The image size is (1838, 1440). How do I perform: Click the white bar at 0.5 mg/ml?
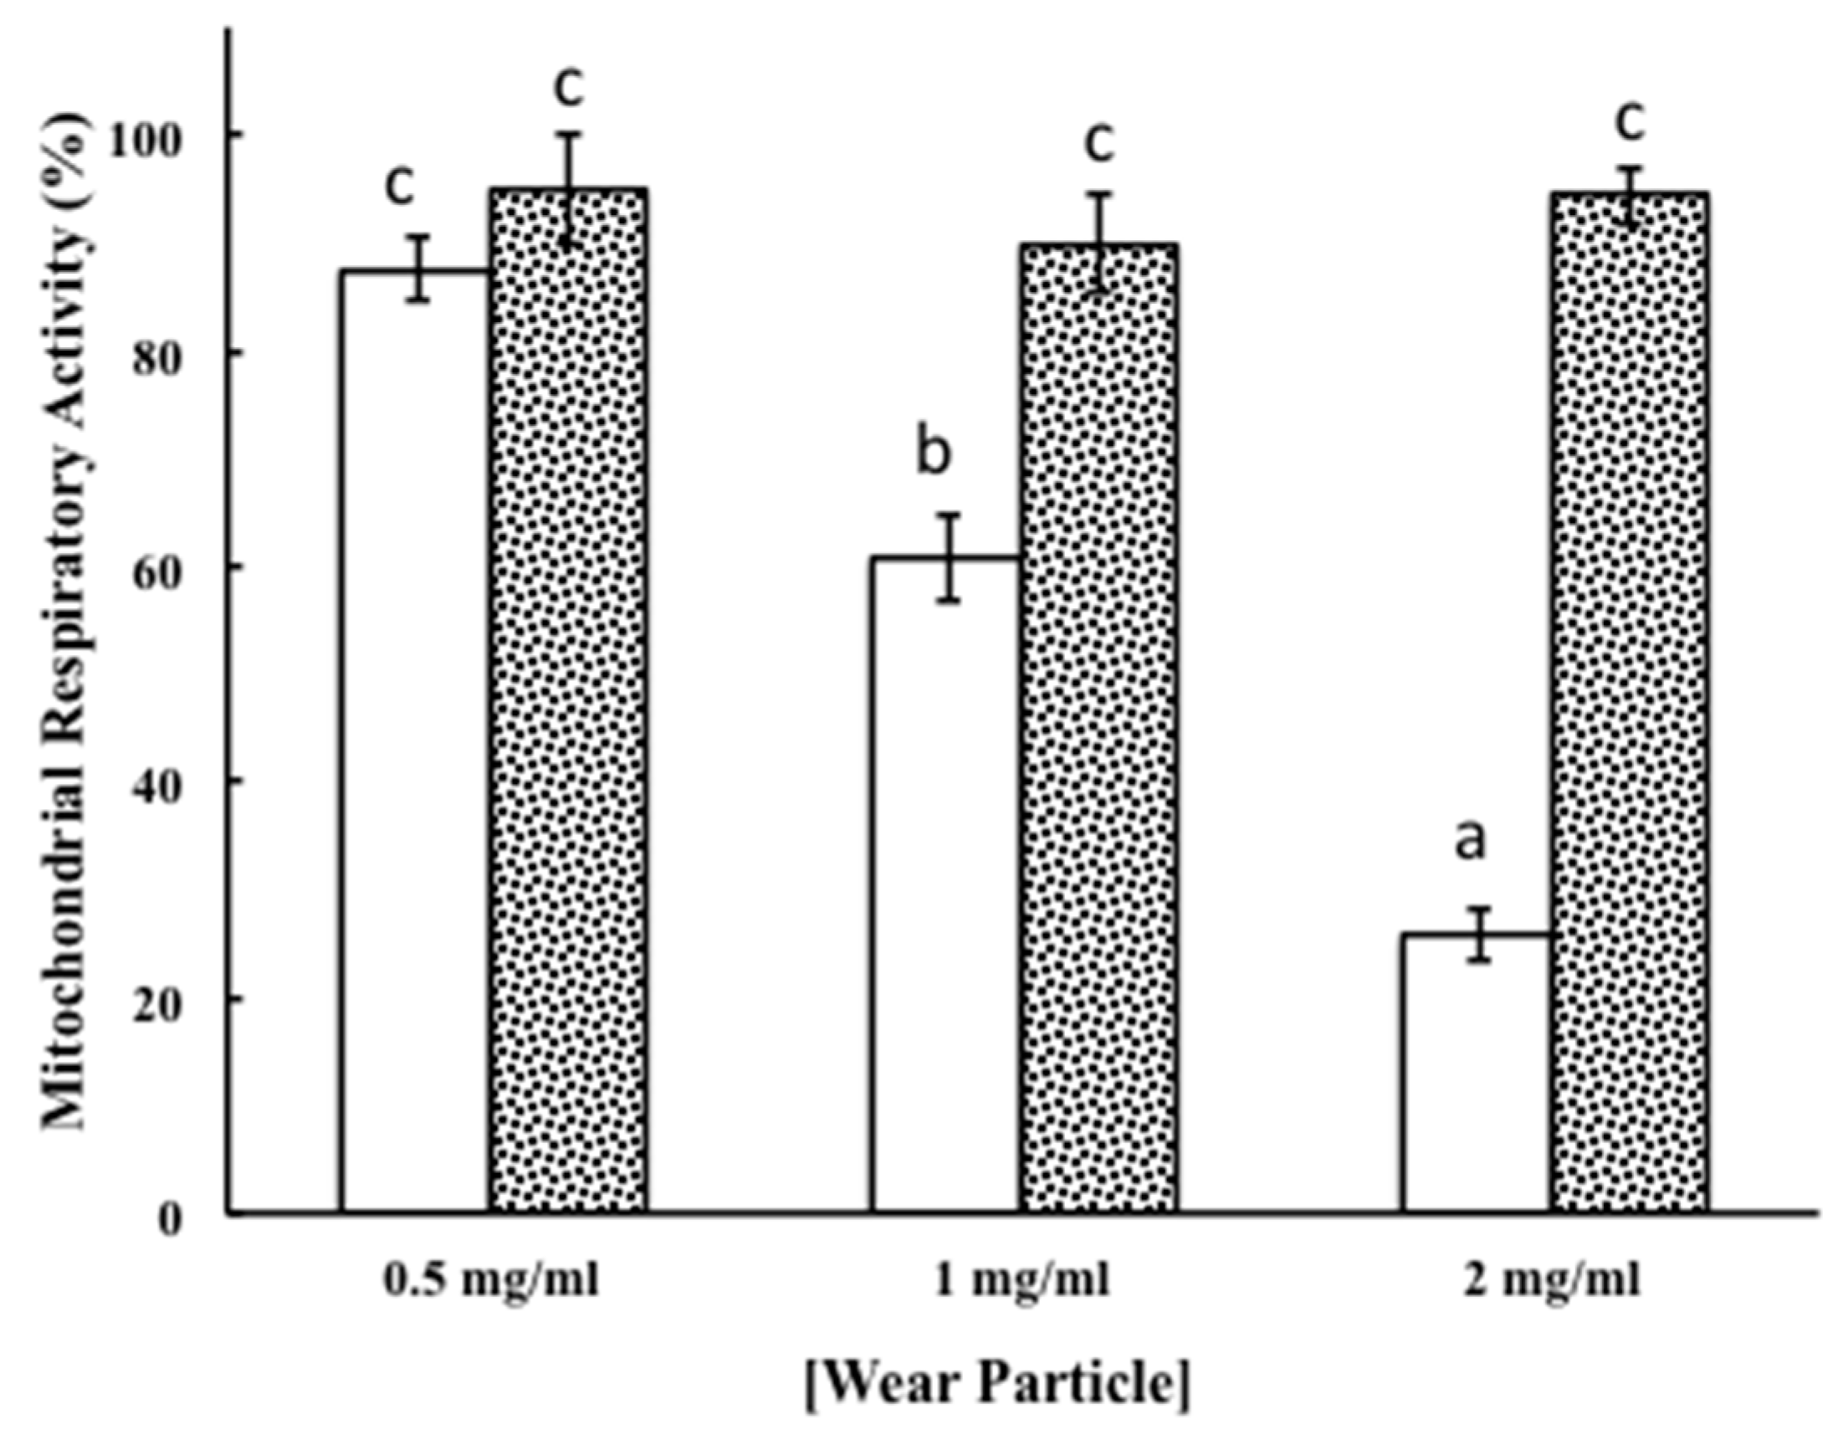pyautogui.click(x=415, y=742)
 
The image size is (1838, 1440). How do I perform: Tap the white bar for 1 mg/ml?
pyautogui.click(x=946, y=885)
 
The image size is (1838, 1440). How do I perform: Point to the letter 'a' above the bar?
pyautogui.click(x=1471, y=843)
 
